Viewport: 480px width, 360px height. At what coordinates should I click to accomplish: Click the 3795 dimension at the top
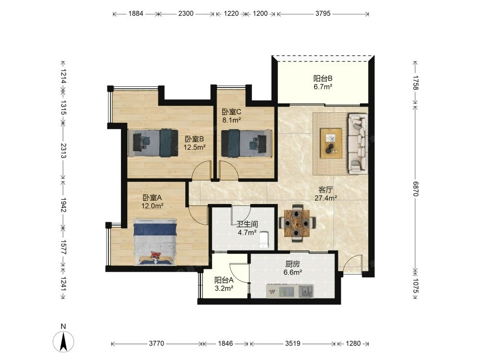(x=323, y=13)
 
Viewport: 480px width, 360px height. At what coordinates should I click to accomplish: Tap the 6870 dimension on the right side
(x=415, y=189)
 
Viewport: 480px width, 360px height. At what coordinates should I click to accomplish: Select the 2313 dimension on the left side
(x=63, y=151)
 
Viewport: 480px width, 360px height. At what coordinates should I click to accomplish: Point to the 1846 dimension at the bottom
(x=225, y=344)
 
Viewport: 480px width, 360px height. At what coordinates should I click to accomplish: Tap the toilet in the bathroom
(x=264, y=240)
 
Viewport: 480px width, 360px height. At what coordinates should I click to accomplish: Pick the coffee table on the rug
(x=331, y=143)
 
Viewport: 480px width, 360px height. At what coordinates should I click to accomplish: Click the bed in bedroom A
(x=155, y=241)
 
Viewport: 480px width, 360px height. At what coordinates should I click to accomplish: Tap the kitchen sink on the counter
(x=306, y=291)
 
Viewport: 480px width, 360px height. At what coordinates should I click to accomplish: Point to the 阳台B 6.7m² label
(x=323, y=83)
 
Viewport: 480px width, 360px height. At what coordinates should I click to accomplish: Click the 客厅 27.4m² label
(x=326, y=194)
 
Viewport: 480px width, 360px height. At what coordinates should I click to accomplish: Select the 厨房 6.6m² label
(x=293, y=268)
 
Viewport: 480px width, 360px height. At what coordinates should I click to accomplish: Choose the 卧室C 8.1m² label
(x=231, y=116)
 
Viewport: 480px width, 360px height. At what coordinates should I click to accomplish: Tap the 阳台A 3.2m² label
(x=224, y=284)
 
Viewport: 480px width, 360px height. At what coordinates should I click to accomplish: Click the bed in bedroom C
(x=246, y=143)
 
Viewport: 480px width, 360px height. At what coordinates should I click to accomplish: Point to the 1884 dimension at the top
(x=136, y=13)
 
